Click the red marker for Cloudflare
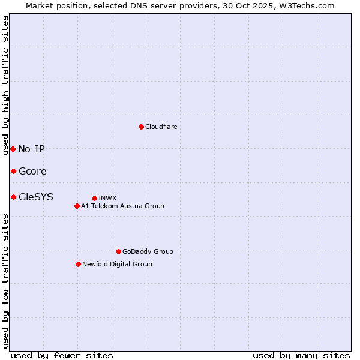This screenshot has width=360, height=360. pos(141,127)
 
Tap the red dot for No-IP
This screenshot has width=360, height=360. pos(13,149)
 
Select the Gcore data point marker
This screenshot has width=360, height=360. pos(13,171)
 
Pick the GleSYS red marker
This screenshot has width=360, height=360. pos(13,197)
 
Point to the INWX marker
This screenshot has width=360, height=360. pos(94,198)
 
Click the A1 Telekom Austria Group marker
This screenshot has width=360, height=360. pos(77,206)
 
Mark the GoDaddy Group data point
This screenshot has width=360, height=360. pos(118,251)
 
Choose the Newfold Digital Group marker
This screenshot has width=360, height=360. pos(78,264)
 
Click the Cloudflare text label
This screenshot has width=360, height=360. pos(161,127)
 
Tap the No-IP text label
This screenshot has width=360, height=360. pos(31,149)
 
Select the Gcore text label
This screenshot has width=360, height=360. pos(32,171)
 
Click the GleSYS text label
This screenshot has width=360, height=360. pos(36,197)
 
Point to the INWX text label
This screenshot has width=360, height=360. pos(107,198)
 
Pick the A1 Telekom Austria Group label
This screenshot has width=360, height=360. pos(122,206)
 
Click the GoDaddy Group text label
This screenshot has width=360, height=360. pos(148,251)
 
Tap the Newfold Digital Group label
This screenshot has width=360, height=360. pos(117,264)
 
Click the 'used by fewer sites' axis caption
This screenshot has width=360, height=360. pos(62,355)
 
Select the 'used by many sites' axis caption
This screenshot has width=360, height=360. pos(301,355)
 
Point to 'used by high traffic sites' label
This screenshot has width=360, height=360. pos(5,85)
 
